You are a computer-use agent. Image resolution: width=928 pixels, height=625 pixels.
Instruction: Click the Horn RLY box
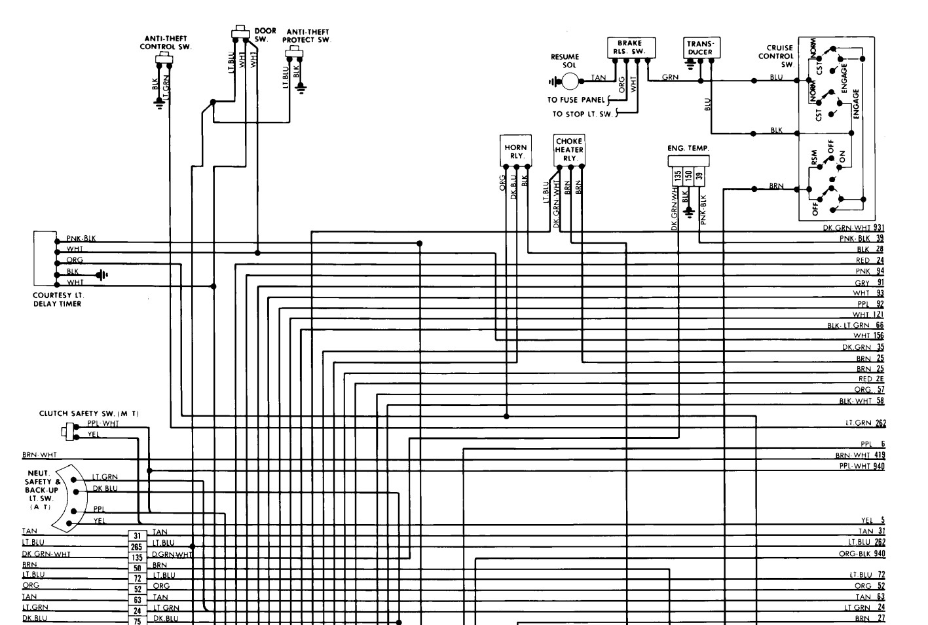(515, 151)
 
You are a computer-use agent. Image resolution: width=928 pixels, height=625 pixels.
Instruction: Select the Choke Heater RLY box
(568, 149)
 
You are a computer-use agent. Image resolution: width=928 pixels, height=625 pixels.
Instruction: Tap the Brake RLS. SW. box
(629, 47)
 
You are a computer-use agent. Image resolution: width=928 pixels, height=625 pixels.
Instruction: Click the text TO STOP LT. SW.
(582, 114)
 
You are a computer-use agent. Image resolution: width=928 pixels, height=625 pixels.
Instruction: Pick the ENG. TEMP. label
(688, 149)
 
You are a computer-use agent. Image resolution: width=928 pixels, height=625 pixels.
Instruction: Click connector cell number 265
(137, 546)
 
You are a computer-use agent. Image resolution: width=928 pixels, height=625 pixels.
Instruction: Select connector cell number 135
(137, 557)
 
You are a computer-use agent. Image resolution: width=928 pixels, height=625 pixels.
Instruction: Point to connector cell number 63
(137, 599)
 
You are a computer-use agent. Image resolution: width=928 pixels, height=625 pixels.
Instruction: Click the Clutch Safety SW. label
(89, 413)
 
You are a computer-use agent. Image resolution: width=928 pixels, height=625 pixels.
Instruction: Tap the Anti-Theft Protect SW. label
(307, 35)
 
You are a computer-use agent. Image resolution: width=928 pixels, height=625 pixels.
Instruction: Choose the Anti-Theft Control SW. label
(165, 43)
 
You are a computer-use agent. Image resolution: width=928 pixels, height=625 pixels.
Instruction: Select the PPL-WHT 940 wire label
(861, 466)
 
